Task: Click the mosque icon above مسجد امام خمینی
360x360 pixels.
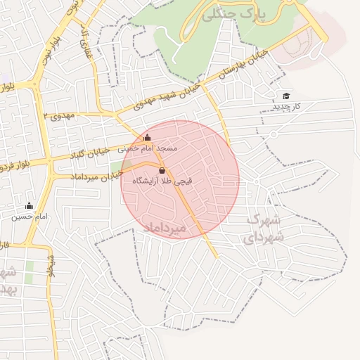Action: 147,138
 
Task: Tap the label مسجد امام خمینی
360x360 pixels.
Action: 148,148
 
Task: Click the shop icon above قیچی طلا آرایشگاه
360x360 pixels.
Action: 162,171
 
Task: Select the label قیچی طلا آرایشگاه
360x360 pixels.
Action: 162,181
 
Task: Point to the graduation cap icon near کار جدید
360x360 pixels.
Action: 286,96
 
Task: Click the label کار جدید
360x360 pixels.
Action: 287,106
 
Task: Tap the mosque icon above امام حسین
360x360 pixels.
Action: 29,206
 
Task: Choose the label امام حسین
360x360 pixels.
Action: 29,217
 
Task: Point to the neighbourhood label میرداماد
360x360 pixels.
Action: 163,229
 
